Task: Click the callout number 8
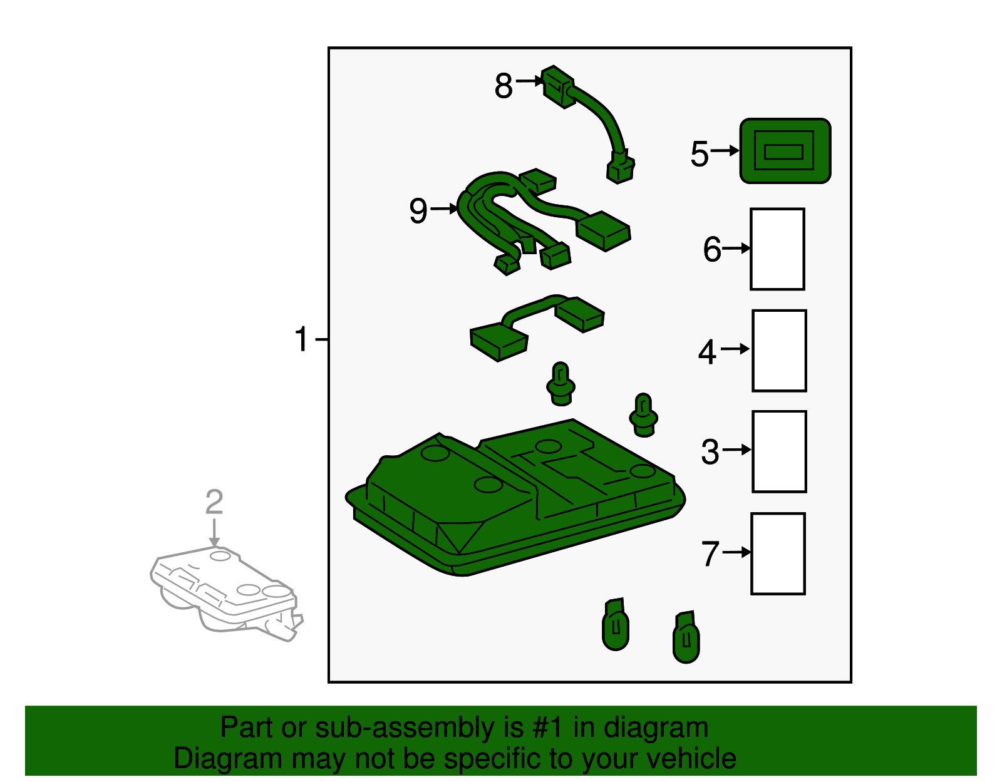503,86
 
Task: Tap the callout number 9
418,211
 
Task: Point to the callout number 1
302,339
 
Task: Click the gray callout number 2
214,502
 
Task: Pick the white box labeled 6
777,249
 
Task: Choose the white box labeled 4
779,351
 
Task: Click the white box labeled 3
779,451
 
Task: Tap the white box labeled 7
778,553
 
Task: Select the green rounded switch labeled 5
785,151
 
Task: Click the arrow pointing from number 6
736,249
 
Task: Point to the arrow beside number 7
737,552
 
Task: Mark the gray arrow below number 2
214,533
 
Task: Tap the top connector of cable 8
558,86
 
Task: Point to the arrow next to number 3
737,450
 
